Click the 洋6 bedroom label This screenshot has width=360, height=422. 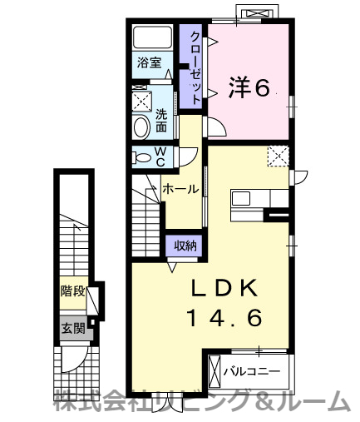click(x=249, y=87)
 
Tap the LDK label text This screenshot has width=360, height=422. click(x=225, y=288)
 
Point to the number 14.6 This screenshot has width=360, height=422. click(x=225, y=317)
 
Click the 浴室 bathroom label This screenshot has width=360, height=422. click(x=150, y=62)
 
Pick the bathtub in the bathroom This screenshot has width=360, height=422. click(x=152, y=37)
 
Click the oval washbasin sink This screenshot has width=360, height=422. click(x=141, y=127)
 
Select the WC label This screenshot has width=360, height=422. click(x=161, y=156)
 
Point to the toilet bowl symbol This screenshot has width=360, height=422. click(x=141, y=157)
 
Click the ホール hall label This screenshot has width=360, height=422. click(x=180, y=190)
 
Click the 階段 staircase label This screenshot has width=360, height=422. click(x=72, y=292)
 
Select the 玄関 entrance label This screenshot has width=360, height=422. click(x=72, y=327)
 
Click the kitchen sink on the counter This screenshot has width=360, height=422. click(x=240, y=199)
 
